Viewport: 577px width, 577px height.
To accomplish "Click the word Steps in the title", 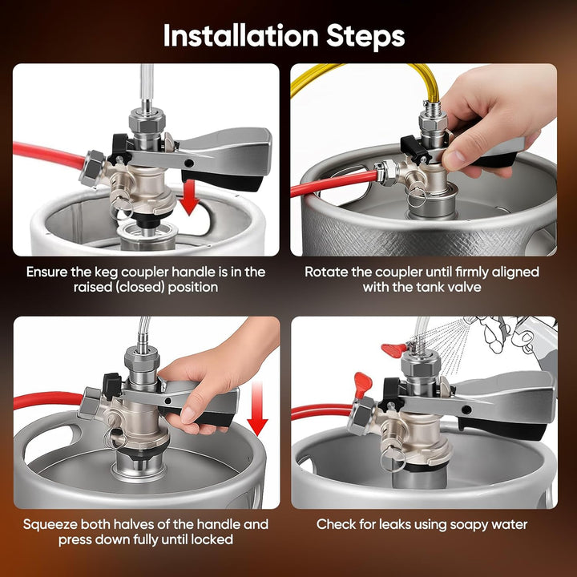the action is (365, 37).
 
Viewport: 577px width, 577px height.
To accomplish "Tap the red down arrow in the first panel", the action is (189, 197).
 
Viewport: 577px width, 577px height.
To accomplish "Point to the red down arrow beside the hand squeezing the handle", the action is (257, 409).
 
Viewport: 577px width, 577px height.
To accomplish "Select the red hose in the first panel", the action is (48, 155).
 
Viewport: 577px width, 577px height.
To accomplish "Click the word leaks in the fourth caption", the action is (394, 524).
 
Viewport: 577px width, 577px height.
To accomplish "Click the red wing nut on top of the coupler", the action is (394, 349).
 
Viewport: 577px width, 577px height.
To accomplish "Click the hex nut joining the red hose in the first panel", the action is (91, 167).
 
